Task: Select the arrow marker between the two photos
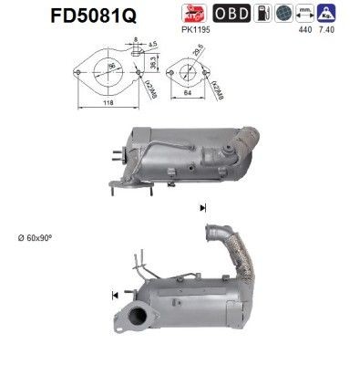[x=201, y=209]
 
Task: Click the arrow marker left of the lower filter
[x=115, y=294]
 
